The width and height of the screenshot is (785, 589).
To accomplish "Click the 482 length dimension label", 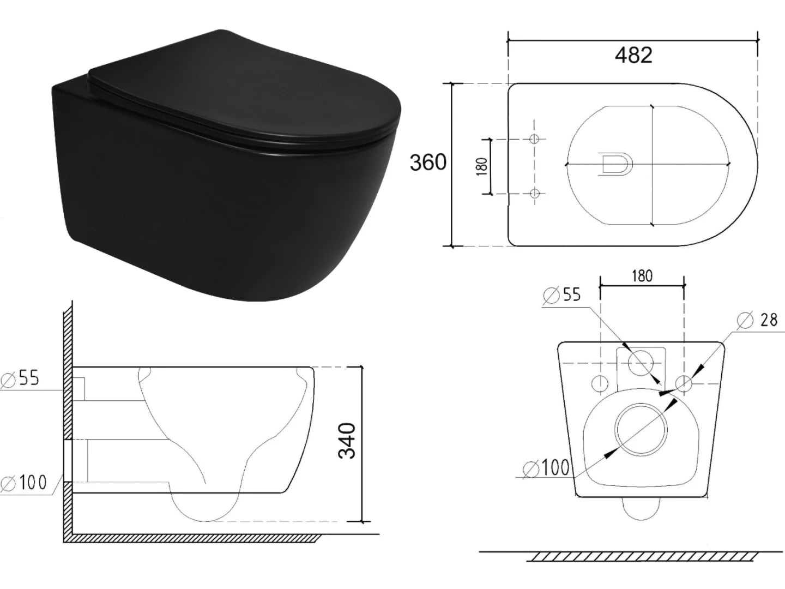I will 633,55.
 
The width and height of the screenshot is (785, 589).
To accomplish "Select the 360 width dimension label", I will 427,162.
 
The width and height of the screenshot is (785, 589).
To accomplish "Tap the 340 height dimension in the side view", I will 347,440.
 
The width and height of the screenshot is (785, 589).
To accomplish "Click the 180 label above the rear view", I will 642,276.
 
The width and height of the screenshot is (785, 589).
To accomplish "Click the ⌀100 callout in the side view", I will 25,482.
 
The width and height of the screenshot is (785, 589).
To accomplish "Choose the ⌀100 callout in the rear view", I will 546,467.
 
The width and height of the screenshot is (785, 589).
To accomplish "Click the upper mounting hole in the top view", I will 534,139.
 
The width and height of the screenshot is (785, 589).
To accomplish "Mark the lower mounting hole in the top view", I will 534,193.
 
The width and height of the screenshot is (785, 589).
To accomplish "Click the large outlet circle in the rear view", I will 641,429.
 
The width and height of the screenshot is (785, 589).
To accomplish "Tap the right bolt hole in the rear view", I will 684,383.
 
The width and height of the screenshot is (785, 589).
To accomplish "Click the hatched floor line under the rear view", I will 643,556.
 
